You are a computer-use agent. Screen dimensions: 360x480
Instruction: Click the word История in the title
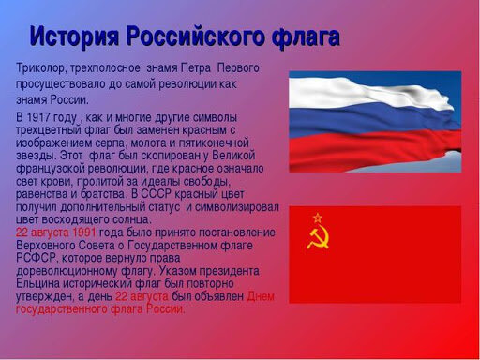(78, 37)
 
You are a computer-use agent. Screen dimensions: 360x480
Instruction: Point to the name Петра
(194, 68)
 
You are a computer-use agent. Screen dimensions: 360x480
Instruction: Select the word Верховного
(48, 245)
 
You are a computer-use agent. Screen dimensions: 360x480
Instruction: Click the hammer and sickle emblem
(317, 235)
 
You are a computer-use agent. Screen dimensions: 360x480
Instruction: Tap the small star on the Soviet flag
(317, 216)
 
